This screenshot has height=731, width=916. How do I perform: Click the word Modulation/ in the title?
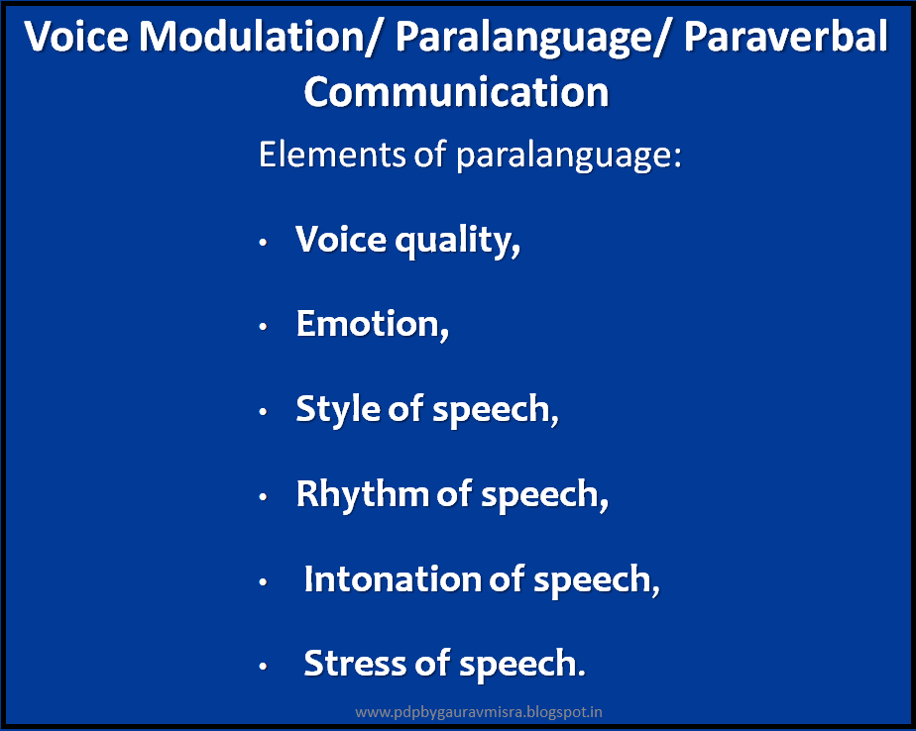pos(251,38)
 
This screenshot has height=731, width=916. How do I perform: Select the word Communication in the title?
pos(456,92)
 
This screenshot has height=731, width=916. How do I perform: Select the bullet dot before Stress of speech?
pos(262,667)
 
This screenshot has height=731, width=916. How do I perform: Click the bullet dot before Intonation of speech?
pos(262,582)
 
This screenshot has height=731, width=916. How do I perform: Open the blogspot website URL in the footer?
pos(479,711)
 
